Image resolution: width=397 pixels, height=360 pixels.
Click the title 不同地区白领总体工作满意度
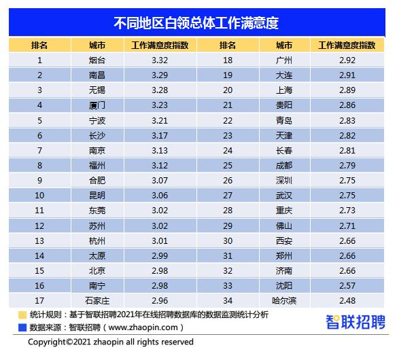(x=196, y=23)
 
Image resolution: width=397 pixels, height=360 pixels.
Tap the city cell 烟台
(x=97, y=60)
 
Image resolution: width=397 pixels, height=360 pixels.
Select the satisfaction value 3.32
(x=160, y=60)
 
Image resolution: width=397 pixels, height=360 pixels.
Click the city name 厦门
(x=97, y=105)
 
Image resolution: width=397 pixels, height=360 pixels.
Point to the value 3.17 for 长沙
(x=160, y=136)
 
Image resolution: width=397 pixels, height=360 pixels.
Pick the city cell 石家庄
(x=97, y=300)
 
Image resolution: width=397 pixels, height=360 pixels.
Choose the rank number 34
(x=228, y=300)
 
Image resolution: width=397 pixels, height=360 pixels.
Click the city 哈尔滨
(x=284, y=300)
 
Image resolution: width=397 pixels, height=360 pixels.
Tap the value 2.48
(x=347, y=300)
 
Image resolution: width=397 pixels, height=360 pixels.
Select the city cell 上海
(x=284, y=90)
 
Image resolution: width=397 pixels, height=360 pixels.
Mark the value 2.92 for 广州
(x=347, y=60)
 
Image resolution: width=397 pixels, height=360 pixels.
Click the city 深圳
(x=284, y=181)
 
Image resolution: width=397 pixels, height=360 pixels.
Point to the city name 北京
(x=97, y=271)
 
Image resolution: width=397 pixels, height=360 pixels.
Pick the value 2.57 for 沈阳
(x=347, y=285)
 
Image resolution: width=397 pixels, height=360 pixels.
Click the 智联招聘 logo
(x=356, y=322)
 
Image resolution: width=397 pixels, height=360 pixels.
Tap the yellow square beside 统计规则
(x=22, y=315)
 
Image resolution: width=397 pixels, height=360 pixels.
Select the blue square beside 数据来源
(x=22, y=327)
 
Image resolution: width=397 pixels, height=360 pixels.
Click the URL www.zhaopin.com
(x=143, y=327)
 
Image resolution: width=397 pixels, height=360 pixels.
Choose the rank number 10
(x=39, y=196)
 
